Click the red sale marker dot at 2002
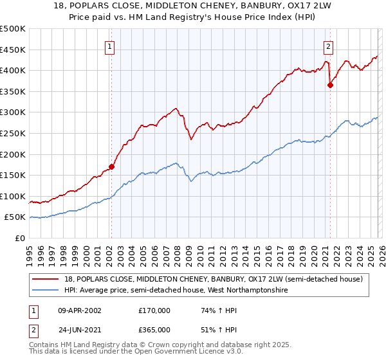(111, 166)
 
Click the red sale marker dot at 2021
(330, 85)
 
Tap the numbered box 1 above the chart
(111, 46)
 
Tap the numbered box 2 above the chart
(329, 46)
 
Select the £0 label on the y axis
(21, 239)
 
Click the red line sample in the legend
(46, 279)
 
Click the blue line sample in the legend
(46, 291)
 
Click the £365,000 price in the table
(154, 330)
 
